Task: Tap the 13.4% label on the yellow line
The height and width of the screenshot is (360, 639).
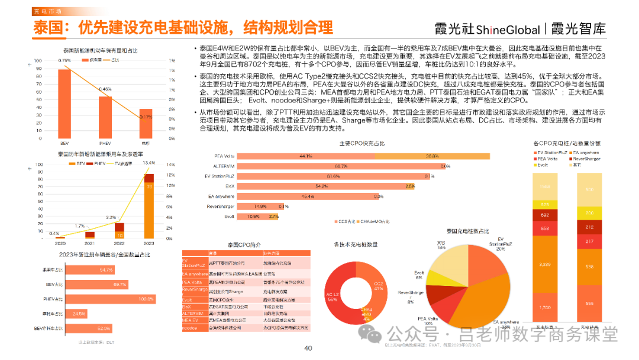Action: [x=149, y=163]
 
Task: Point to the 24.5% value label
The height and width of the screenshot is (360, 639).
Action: [x=78, y=313]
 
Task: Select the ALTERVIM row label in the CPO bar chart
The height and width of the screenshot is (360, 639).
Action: [x=208, y=166]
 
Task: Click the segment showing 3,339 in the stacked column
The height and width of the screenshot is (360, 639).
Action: [x=546, y=263]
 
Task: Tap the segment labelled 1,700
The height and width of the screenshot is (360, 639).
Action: [x=546, y=306]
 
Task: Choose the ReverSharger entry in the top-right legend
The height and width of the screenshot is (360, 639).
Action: [x=583, y=159]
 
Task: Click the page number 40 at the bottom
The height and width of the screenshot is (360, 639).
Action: [x=308, y=349]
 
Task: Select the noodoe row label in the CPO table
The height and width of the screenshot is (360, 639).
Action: [x=191, y=327]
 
